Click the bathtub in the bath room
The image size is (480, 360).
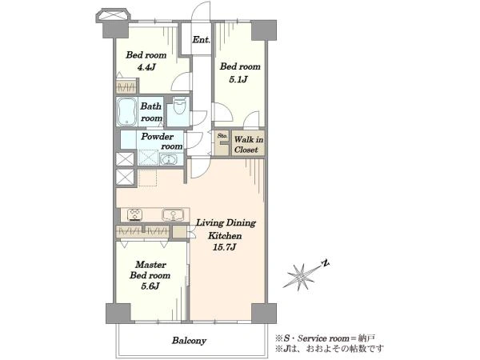click(x=126, y=111)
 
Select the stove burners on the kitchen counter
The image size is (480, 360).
click(x=135, y=214)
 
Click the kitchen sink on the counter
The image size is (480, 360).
click(x=173, y=215)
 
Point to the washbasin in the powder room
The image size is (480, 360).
click(x=168, y=160)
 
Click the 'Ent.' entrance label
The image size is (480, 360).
click(x=202, y=39)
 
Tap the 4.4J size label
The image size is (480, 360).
click(x=146, y=66)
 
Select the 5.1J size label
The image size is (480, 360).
click(x=238, y=79)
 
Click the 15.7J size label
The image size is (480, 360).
click(x=224, y=247)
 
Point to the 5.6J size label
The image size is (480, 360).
click(x=150, y=286)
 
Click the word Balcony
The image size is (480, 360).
click(x=189, y=341)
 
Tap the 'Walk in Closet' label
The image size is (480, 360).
click(x=248, y=145)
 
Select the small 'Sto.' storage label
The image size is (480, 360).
click(x=222, y=136)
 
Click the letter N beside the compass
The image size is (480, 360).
click(x=326, y=263)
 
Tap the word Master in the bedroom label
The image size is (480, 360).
click(x=150, y=265)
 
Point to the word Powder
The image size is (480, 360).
click(x=157, y=137)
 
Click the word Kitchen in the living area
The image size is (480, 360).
click(x=225, y=236)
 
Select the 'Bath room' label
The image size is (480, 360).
click(x=151, y=112)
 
